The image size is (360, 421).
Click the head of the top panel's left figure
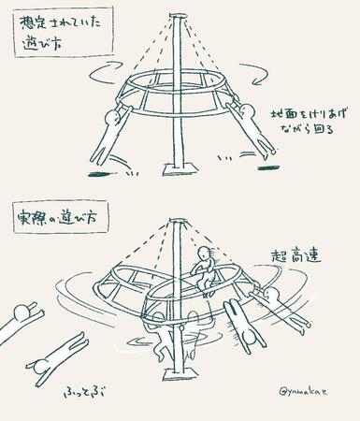point(116,118)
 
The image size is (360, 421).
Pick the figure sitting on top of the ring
point(203,268)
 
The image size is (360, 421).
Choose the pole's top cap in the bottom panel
point(174,223)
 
